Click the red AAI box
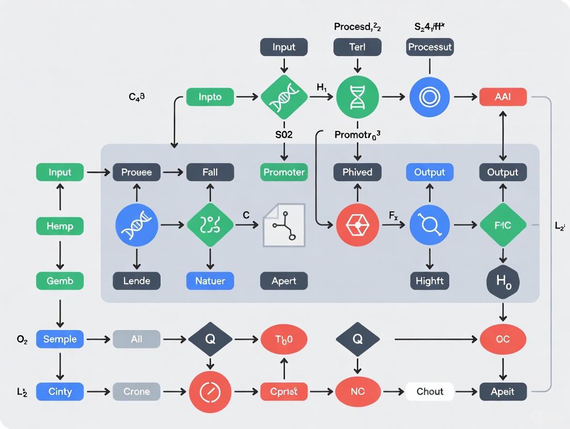pos(503,97)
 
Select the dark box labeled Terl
pos(357,47)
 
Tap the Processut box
pos(430,47)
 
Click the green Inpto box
pos(210,97)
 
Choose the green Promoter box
pos(284,172)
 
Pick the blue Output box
pos(430,172)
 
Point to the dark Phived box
pos(357,172)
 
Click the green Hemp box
pos(60,226)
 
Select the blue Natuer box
pos(210,281)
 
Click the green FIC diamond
pos(503,225)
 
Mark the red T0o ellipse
pos(284,339)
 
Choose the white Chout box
pos(430,391)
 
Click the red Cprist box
pos(284,391)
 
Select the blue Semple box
pos(60,339)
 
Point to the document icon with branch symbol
pos(284,225)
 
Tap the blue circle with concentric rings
pos(430,97)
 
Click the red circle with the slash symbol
pos(210,391)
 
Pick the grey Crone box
pos(136,391)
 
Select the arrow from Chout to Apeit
pos(466,391)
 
